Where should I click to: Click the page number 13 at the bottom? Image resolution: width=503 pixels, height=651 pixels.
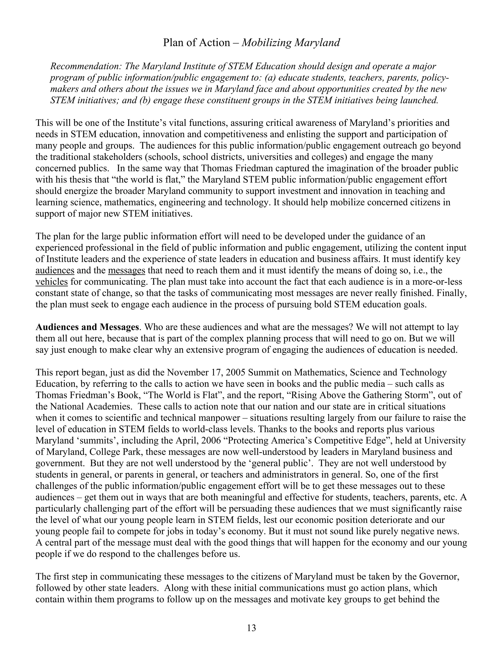[x=251, y=628]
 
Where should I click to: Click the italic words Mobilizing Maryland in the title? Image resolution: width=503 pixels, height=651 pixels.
[x=291, y=43]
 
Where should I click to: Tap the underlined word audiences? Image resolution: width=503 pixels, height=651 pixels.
[x=55, y=271]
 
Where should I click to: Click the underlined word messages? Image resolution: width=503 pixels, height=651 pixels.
[x=127, y=271]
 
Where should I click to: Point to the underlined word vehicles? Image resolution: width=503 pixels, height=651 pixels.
[x=52, y=282]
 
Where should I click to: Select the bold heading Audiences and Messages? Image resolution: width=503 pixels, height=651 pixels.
[x=87, y=327]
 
